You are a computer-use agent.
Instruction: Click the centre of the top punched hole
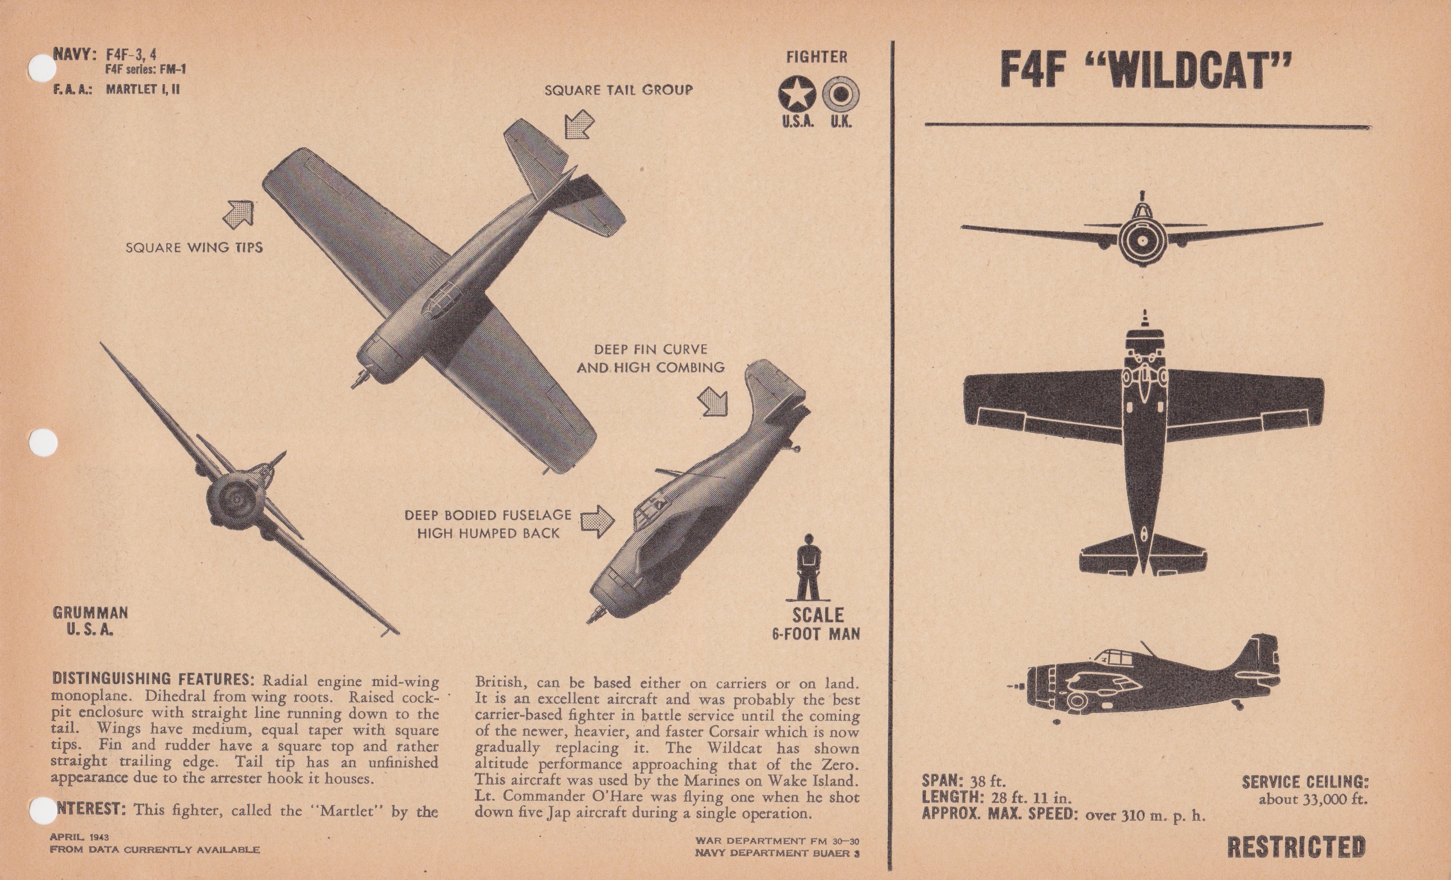(42, 69)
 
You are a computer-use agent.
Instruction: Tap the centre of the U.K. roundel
(840, 94)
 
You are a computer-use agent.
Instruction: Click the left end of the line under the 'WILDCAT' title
(925, 124)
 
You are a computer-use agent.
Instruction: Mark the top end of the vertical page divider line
(893, 41)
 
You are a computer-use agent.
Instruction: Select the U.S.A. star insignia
(796, 94)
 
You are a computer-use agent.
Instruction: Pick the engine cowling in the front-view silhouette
(1142, 242)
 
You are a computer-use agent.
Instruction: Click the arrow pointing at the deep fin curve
(713, 401)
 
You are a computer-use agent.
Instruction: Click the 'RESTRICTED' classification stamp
(1296, 847)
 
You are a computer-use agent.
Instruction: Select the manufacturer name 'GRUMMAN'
(90, 612)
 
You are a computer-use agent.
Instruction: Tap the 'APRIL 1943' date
(79, 837)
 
